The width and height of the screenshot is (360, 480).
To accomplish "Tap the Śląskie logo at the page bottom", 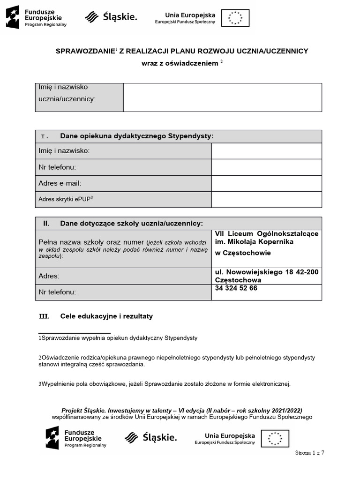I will point(150,438).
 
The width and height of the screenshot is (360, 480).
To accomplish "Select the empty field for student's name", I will point(222,97).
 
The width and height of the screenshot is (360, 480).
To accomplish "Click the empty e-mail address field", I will point(266,183).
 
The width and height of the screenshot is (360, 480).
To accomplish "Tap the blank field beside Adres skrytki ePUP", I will point(266,200).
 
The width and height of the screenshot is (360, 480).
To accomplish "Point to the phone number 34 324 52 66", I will point(236,288).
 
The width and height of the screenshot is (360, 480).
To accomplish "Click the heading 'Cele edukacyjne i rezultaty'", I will point(106,316).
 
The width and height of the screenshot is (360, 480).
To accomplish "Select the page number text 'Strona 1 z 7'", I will point(309,453).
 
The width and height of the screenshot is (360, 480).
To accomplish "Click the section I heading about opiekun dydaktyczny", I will point(136,136).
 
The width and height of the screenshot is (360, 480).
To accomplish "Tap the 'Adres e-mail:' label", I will point(60,183).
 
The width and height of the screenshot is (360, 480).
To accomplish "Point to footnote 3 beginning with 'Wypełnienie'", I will point(165,384).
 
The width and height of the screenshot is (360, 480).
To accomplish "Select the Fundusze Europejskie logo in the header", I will point(36,17).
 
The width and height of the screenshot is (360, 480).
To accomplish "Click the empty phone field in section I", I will point(266,167).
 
